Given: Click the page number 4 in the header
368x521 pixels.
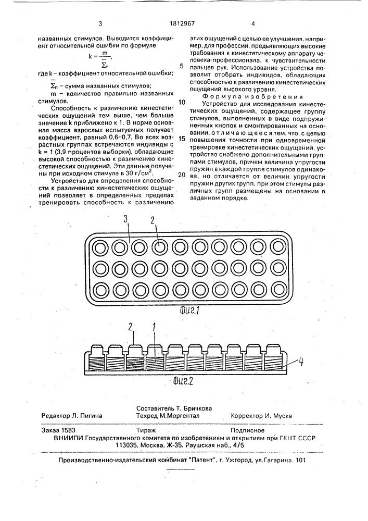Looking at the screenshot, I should pos(253,23).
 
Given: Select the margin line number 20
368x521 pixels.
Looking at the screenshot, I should pos(181,174).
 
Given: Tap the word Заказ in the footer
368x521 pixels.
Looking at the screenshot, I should pos(52,431).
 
